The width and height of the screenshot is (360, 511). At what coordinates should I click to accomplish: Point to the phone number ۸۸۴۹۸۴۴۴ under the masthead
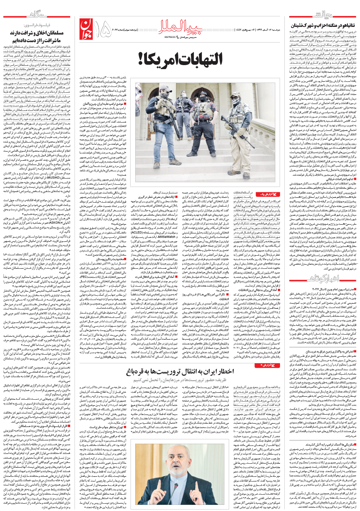(x=173, y=37)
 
